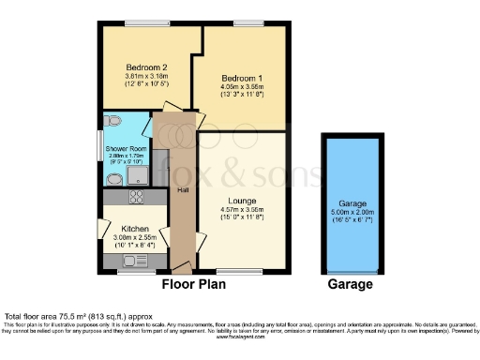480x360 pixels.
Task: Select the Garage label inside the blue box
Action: pyautogui.click(x=348, y=201)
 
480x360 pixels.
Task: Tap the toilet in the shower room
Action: pyautogui.click(x=113, y=122)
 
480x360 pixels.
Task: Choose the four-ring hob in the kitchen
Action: pyautogui.click(x=134, y=197)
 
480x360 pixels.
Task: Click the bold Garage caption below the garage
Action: pyautogui.click(x=349, y=284)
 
